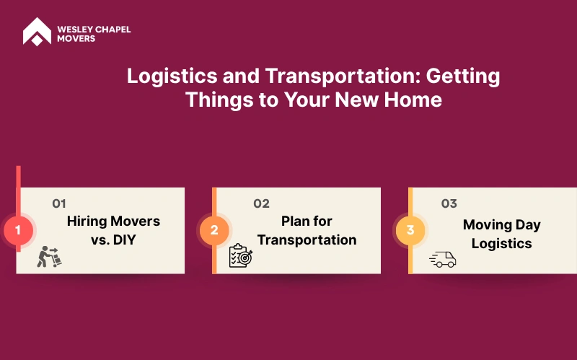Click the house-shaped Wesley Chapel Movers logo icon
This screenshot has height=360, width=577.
pos(38,32)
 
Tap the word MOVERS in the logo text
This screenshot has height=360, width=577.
pos(76,39)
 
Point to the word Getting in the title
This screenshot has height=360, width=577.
pos(463,76)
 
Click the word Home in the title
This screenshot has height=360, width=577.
pos(413,100)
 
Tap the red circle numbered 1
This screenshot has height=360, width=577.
pos(18,230)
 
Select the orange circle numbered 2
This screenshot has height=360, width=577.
pos(214,230)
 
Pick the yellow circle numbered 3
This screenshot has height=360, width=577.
pos(410,230)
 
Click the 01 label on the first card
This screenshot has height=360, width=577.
pos(59,203)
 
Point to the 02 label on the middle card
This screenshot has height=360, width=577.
pos(261,203)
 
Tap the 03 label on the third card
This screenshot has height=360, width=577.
pos(449,203)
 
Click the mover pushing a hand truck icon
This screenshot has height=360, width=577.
pos(49,257)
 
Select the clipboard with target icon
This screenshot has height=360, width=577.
pos(241,255)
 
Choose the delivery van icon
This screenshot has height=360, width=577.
pos(443,259)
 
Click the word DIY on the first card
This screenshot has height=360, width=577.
pos(124,240)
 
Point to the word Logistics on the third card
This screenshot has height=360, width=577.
pos(501,244)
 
